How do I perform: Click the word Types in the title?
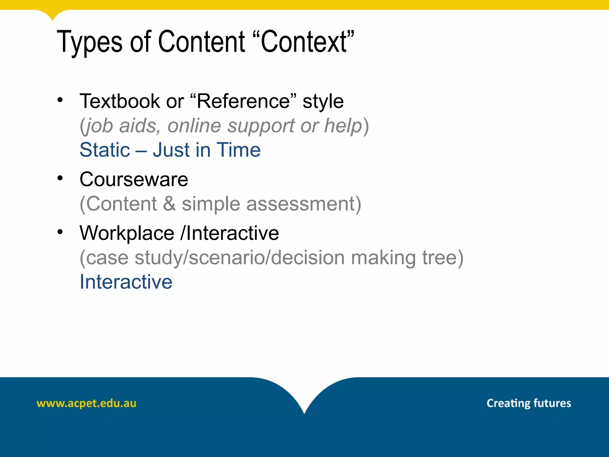89,42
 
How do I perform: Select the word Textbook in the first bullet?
120,101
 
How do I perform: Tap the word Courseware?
134,180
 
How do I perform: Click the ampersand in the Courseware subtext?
169,204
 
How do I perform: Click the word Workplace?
127,233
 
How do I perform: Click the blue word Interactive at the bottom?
126,282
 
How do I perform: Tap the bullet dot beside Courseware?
60,178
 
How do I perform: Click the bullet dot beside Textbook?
60,100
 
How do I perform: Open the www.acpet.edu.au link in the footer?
86,403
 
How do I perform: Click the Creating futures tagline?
529,403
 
